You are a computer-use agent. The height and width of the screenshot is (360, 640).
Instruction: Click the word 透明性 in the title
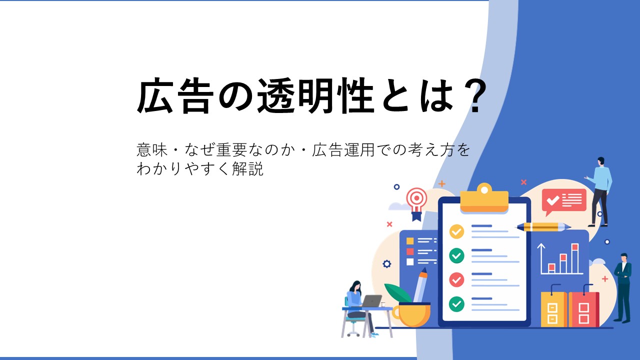tap(316, 95)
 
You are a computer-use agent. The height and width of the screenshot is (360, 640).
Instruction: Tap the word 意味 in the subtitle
tap(152, 149)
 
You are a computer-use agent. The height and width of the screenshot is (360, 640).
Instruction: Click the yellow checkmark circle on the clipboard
tap(456, 231)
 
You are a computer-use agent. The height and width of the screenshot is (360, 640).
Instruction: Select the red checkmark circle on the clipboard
tap(456, 279)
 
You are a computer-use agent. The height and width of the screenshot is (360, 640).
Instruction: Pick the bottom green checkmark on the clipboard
tap(456, 303)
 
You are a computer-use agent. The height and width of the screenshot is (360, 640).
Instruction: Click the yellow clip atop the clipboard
tap(484, 198)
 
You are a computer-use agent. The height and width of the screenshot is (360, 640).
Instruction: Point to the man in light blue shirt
tap(599, 191)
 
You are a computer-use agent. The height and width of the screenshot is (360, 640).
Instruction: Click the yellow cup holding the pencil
tap(412, 314)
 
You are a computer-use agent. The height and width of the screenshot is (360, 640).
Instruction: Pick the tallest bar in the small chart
tap(575, 258)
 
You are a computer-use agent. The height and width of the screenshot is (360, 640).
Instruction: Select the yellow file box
tap(554, 309)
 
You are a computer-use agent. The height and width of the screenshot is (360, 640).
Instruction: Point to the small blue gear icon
tap(386, 264)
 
